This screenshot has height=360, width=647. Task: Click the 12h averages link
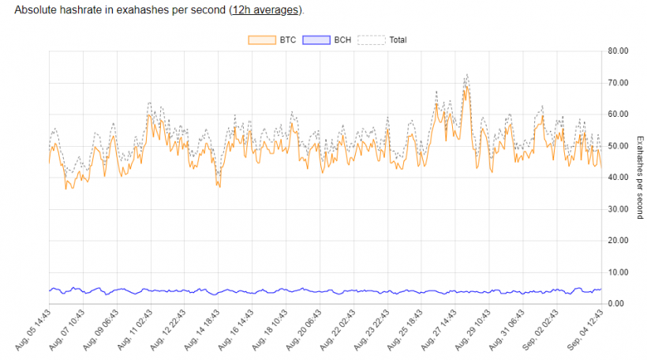(x=265, y=11)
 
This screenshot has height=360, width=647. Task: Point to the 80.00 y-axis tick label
(x=617, y=51)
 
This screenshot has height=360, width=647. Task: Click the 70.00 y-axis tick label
(x=617, y=83)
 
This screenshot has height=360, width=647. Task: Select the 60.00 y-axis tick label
(x=617, y=114)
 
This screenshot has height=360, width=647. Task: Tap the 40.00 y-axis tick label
(x=617, y=178)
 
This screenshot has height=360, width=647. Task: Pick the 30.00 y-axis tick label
(x=617, y=209)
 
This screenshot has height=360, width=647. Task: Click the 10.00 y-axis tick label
(x=617, y=272)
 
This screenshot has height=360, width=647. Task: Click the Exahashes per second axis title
(x=640, y=178)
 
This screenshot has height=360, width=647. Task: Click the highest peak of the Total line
(x=466, y=74)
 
